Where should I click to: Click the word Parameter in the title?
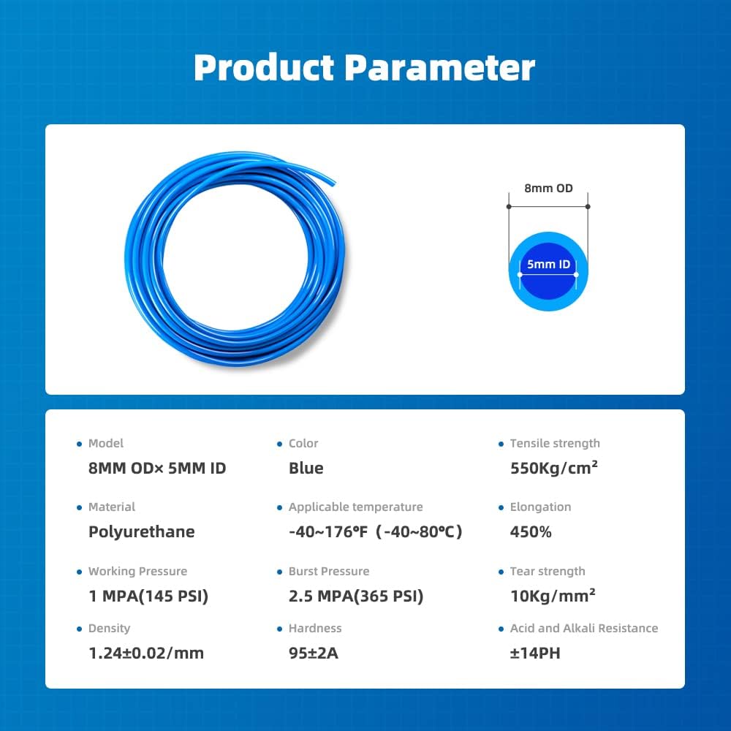click(439, 67)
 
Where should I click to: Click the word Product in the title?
click(263, 67)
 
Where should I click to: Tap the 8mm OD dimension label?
click(548, 188)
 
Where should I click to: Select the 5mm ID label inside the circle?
click(548, 265)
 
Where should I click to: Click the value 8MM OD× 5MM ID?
click(157, 469)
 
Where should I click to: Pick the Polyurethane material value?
click(141, 532)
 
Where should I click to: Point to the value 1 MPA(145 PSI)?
click(148, 596)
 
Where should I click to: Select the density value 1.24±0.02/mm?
click(146, 653)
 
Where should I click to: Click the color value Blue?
click(306, 469)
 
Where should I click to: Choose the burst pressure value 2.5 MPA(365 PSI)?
click(356, 596)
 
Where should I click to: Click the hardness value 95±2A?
click(314, 653)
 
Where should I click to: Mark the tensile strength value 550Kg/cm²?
click(554, 469)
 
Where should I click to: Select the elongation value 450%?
click(531, 532)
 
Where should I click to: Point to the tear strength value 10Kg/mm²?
click(553, 596)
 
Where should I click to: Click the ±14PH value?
click(535, 653)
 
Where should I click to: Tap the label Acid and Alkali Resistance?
click(583, 628)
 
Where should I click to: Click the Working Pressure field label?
click(137, 571)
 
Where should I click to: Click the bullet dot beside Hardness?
click(280, 629)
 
